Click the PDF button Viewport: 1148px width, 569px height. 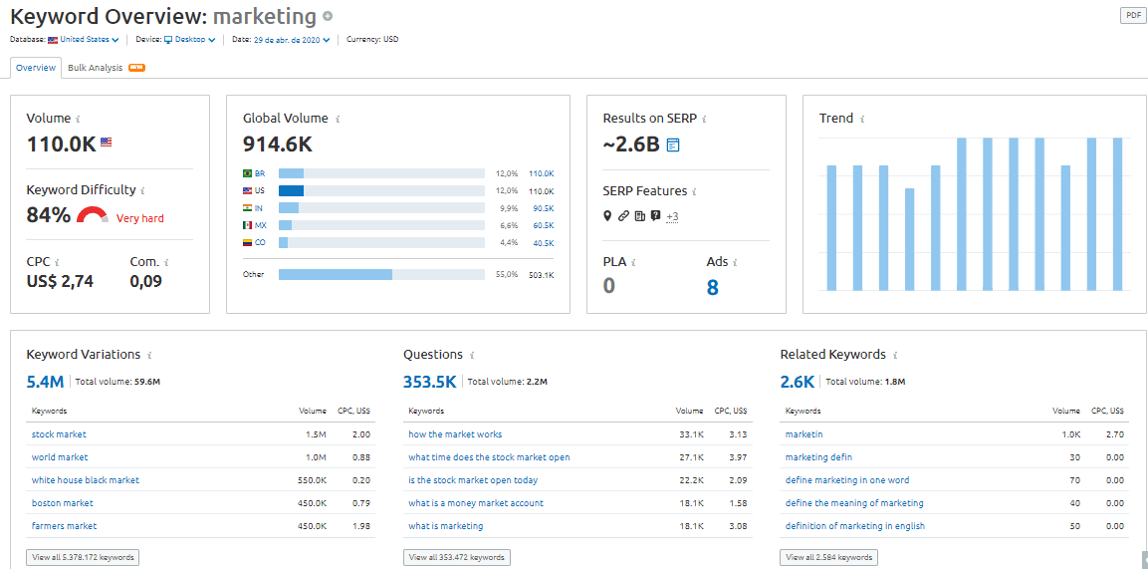click(1132, 15)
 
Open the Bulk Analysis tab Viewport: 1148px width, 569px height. click(95, 68)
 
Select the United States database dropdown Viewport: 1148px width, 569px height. click(85, 40)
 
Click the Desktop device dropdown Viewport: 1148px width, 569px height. click(189, 40)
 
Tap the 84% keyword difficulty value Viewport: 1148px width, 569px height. click(48, 215)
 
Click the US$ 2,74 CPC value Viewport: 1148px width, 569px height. click(60, 281)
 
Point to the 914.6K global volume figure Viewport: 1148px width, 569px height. click(278, 144)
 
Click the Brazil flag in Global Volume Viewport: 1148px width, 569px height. click(248, 173)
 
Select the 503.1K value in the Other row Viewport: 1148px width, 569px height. click(541, 274)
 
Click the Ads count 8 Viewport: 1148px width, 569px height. click(712, 287)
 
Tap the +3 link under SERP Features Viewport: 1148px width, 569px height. click(672, 216)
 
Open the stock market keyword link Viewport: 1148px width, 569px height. click(59, 434)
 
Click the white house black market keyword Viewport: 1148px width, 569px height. click(85, 480)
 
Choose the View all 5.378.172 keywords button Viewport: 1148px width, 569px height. click(83, 557)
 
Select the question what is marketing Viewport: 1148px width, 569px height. click(445, 526)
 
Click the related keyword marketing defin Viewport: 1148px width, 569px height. click(818, 457)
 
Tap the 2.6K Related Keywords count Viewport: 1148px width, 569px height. click(797, 381)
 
